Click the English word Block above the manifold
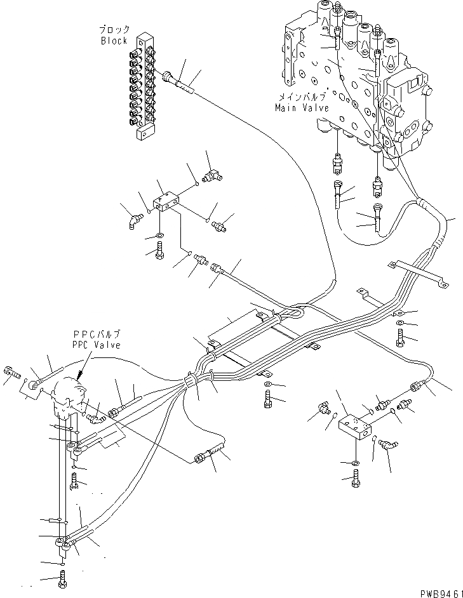(114, 40)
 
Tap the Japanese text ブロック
(114, 30)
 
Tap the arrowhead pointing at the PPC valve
(79, 376)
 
